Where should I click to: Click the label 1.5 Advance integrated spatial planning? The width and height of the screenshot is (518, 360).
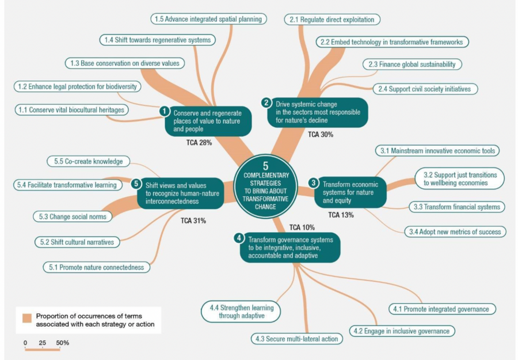tap(209, 19)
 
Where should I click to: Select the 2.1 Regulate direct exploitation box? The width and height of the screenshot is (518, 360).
tap(332, 20)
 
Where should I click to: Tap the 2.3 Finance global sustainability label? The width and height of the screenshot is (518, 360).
tap(412, 64)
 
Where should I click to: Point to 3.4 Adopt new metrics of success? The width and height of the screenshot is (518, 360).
tap(455, 232)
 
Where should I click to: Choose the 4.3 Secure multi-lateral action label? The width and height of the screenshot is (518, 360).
tap(296, 339)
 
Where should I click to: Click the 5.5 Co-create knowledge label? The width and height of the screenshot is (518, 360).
tap(89, 161)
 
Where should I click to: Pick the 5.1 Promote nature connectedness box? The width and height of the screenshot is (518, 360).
tap(97, 267)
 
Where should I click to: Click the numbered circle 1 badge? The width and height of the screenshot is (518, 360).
tap(164, 111)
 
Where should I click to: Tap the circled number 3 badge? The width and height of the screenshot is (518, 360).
tap(313, 183)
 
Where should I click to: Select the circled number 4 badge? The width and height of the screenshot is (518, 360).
tap(239, 238)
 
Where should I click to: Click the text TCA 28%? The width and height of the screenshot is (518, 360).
tap(199, 142)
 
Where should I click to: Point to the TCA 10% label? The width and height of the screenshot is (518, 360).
tap(302, 228)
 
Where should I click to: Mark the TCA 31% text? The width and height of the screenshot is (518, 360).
tap(193, 221)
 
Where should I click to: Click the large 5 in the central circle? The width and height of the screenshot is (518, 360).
tap(265, 166)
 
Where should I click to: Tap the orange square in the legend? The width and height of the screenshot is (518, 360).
tap(26, 318)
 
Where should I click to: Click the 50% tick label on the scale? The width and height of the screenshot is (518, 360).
tap(62, 343)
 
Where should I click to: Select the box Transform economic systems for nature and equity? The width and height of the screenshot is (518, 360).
tap(350, 192)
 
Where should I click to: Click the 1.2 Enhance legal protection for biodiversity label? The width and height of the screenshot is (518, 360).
tap(77, 86)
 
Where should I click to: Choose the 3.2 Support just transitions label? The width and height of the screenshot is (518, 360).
tap(459, 179)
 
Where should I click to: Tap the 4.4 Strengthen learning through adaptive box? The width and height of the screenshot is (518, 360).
tap(241, 312)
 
